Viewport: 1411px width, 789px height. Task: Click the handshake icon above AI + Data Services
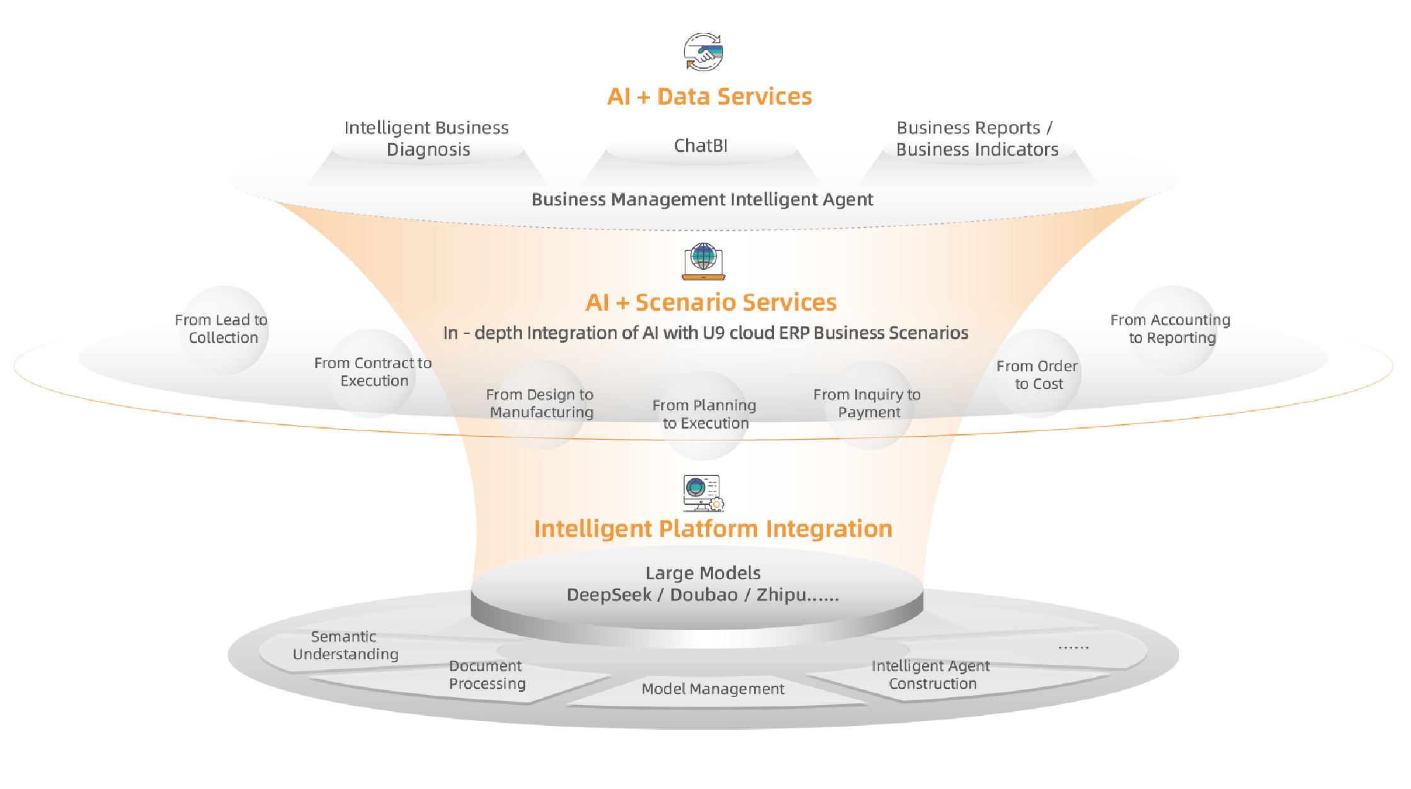(x=704, y=52)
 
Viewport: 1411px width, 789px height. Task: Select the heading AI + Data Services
(x=709, y=96)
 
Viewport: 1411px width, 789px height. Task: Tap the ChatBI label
(x=700, y=146)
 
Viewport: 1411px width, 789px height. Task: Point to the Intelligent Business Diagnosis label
(x=427, y=139)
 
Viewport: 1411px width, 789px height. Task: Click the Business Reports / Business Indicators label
(x=976, y=139)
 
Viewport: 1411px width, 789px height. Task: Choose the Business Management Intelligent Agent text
(x=702, y=200)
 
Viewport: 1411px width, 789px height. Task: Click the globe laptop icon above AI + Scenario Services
(x=704, y=262)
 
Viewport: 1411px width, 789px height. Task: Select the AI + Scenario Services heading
(x=711, y=302)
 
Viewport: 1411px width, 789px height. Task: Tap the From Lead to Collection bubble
(x=223, y=329)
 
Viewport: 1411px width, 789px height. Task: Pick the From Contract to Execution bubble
(x=373, y=372)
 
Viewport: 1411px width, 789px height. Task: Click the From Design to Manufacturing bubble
(x=540, y=403)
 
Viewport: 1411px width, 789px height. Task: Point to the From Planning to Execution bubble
(x=704, y=414)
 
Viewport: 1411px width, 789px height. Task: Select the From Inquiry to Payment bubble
(x=867, y=403)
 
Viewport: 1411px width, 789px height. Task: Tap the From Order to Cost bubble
(x=1037, y=375)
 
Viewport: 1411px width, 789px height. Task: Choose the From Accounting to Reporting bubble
(x=1171, y=329)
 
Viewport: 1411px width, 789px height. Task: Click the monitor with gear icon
(x=703, y=493)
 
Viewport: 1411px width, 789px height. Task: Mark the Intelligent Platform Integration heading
(x=713, y=529)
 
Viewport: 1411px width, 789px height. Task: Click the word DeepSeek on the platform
(x=608, y=595)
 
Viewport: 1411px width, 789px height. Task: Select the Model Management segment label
(x=712, y=689)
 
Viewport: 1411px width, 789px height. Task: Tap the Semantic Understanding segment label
(x=345, y=645)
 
